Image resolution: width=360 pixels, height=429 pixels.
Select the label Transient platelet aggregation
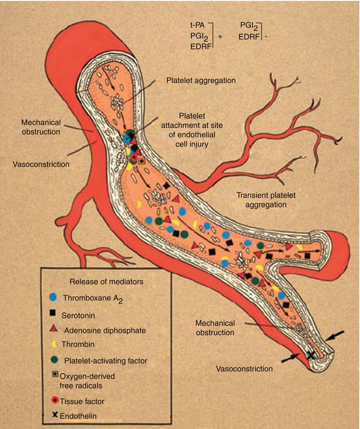coord(261,200)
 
